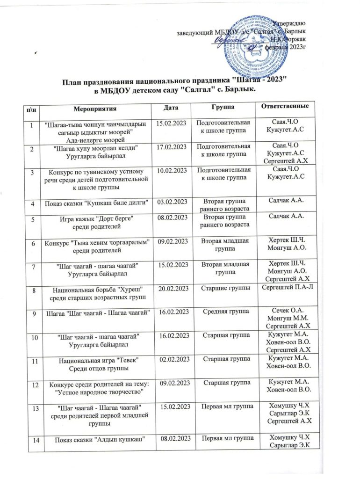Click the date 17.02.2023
[171, 147]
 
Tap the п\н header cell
[32, 109]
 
